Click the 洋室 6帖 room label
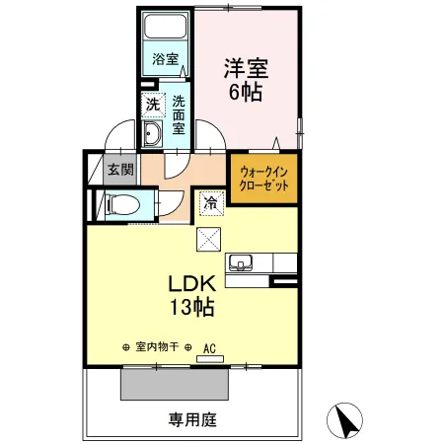click(x=247, y=79)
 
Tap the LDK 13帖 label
click(x=192, y=295)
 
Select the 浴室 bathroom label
click(x=166, y=59)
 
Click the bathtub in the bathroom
click(x=166, y=26)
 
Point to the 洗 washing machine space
click(x=153, y=105)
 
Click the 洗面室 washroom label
click(x=179, y=114)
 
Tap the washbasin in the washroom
click(x=152, y=133)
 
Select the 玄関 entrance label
click(x=120, y=170)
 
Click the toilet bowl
click(x=121, y=204)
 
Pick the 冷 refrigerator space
click(x=211, y=203)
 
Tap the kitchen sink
click(x=241, y=263)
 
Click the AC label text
click(x=209, y=348)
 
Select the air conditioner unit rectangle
click(x=210, y=359)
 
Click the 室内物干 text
click(x=157, y=346)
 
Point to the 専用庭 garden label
click(x=192, y=420)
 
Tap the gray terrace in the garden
click(x=175, y=384)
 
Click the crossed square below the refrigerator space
click(x=208, y=239)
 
